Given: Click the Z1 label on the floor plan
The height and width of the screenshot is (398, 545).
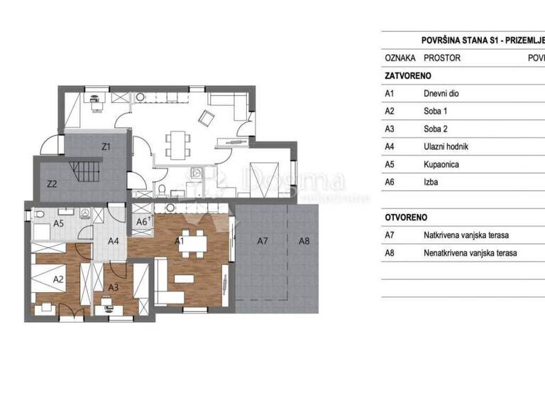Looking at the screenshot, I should (x=106, y=148).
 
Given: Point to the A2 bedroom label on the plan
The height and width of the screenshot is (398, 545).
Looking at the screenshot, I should (x=58, y=279).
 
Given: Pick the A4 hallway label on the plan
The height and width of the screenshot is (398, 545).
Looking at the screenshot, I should (x=113, y=241).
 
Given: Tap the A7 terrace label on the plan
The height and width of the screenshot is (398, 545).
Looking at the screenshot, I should (x=262, y=241).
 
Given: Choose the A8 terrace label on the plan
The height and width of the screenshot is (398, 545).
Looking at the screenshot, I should (x=304, y=241).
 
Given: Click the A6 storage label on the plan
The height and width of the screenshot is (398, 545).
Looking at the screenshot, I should (x=141, y=222).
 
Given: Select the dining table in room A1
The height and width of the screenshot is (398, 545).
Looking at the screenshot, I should (x=191, y=242).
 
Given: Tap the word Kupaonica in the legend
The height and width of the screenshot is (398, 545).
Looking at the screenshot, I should (x=441, y=164).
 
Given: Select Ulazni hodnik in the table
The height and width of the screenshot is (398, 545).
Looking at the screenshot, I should (x=446, y=146).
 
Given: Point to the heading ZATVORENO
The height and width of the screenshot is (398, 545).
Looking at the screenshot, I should (x=407, y=75).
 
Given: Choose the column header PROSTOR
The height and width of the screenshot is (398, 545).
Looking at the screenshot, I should (x=441, y=58).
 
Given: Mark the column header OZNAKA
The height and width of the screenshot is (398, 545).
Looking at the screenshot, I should (x=400, y=58).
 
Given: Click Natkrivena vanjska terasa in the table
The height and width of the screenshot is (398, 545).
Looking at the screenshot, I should (x=466, y=235).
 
